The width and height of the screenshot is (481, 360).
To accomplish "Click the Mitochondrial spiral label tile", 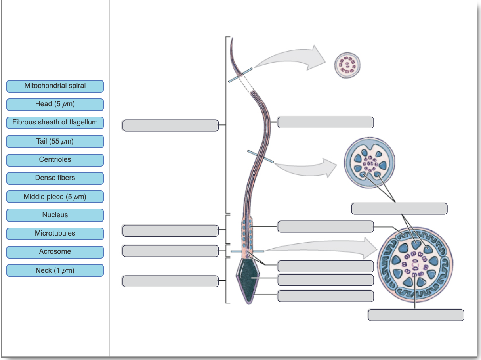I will (x=55, y=86).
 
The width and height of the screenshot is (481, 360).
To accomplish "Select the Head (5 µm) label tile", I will (x=55, y=104).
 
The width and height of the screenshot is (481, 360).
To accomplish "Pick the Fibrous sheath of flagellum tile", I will (x=55, y=123).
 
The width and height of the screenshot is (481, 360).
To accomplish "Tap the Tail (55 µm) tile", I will (x=55, y=141).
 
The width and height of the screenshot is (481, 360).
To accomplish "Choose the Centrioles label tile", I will (x=55, y=160).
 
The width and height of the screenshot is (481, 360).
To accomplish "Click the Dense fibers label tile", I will (x=55, y=178).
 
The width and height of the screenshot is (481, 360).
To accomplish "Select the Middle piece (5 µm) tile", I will (x=55, y=197).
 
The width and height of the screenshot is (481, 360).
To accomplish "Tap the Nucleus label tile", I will (x=55, y=215).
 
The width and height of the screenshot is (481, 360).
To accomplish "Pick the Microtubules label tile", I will (x=55, y=234).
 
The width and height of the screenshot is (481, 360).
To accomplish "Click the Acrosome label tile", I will (x=55, y=252).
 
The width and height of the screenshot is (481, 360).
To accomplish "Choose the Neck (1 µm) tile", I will (x=55, y=271).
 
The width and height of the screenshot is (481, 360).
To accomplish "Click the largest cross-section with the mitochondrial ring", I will (x=415, y=265).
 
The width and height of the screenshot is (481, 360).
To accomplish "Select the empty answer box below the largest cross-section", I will (x=416, y=315).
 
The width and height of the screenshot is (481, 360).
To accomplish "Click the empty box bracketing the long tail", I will (x=170, y=125).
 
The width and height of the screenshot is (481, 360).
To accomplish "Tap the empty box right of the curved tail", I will (x=325, y=123).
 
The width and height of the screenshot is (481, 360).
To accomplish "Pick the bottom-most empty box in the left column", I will (x=170, y=281).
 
